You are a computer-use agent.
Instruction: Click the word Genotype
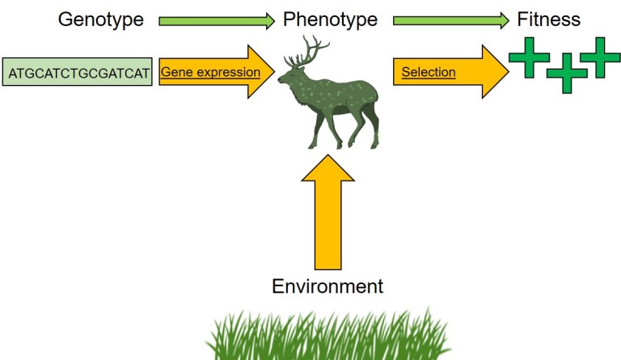point(100,19)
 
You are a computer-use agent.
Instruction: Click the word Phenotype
point(330,19)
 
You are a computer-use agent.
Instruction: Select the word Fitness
point(549,19)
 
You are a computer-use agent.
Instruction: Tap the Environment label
point(327,286)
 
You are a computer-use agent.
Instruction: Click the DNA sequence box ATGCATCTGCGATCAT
point(78,74)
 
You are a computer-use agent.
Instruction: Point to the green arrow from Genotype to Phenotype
point(217,19)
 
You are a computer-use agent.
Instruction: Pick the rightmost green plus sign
point(600,59)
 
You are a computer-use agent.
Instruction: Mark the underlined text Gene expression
point(210,73)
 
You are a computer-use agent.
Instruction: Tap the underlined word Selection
point(429,73)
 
